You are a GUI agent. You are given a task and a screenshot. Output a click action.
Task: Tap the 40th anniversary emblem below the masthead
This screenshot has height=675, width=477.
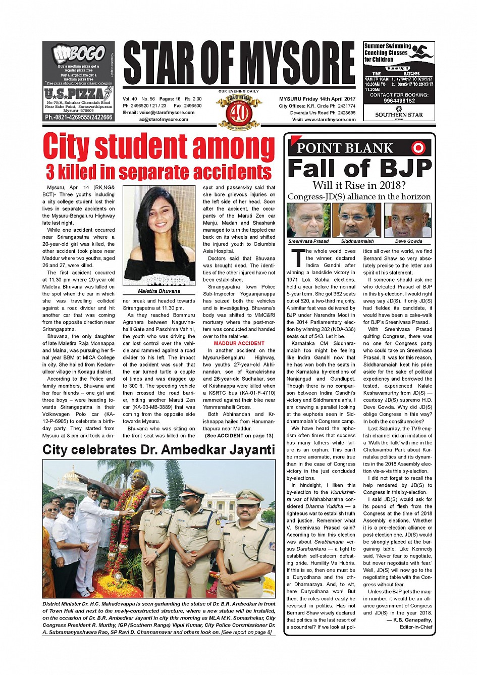tap(238, 111)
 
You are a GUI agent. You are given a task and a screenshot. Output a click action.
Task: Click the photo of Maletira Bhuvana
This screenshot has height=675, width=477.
tap(158, 236)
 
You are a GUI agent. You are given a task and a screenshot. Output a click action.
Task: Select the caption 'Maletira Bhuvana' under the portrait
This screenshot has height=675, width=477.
tap(158, 291)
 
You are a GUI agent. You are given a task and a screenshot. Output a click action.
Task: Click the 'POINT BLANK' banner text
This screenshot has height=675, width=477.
tap(345, 148)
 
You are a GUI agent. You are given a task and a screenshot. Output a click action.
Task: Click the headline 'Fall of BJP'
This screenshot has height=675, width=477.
tap(359, 168)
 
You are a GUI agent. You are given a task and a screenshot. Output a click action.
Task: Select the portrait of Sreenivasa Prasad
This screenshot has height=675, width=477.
tap(308, 220)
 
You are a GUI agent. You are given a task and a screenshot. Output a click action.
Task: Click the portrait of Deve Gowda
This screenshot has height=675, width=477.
tap(408, 220)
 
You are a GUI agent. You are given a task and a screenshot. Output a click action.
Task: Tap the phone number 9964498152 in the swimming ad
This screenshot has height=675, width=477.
tap(399, 101)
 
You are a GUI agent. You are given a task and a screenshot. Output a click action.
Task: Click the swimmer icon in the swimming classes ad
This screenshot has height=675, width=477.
tap(421, 51)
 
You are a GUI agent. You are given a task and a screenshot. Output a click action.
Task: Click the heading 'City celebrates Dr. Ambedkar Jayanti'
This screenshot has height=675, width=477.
tap(158, 450)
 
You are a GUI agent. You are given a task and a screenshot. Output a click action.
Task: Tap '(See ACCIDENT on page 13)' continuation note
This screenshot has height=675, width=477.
tap(239, 436)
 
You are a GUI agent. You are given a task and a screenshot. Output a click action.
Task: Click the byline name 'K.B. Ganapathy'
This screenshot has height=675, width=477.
tap(412, 620)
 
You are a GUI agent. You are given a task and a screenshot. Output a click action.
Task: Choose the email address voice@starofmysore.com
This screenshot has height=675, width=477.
tap(158, 113)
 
